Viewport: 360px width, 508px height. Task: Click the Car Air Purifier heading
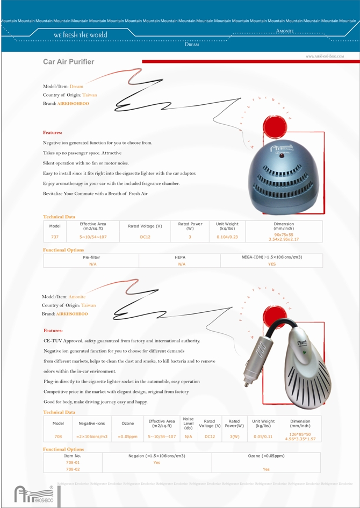coord(68,62)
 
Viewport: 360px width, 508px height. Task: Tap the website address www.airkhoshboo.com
coord(325,56)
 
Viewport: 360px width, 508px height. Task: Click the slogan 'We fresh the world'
coord(81,35)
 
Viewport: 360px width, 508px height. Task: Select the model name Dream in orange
coord(76,86)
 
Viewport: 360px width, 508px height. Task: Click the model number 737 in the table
coord(55,237)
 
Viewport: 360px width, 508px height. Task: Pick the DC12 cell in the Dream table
coord(145,237)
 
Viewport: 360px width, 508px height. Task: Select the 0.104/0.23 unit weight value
coord(227,237)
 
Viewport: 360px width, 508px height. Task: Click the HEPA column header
coord(179,257)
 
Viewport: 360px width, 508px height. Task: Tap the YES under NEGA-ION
coord(272,264)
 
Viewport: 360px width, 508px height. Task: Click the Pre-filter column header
coord(91,257)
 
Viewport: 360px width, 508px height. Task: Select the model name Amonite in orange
coord(77,297)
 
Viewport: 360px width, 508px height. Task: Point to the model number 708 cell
coord(58,437)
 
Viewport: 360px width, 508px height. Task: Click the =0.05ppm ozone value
coord(127,437)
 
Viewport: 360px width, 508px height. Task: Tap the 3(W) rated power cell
coord(234,437)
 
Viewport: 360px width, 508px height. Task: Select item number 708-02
coord(73,469)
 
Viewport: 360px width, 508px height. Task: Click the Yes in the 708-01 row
coord(157,462)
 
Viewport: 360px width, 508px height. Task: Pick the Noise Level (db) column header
coord(188,423)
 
